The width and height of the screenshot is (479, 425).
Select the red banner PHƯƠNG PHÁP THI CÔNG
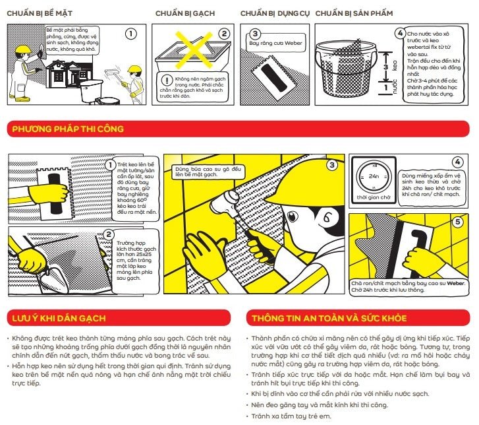[x=68, y=129]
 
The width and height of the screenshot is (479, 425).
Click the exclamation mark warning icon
[x=166, y=80]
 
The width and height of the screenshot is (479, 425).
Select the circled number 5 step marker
[x=457, y=222]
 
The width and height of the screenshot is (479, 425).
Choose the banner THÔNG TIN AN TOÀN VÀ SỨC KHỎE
[x=328, y=319]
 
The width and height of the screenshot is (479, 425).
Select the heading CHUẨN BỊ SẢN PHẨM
[x=356, y=13]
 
